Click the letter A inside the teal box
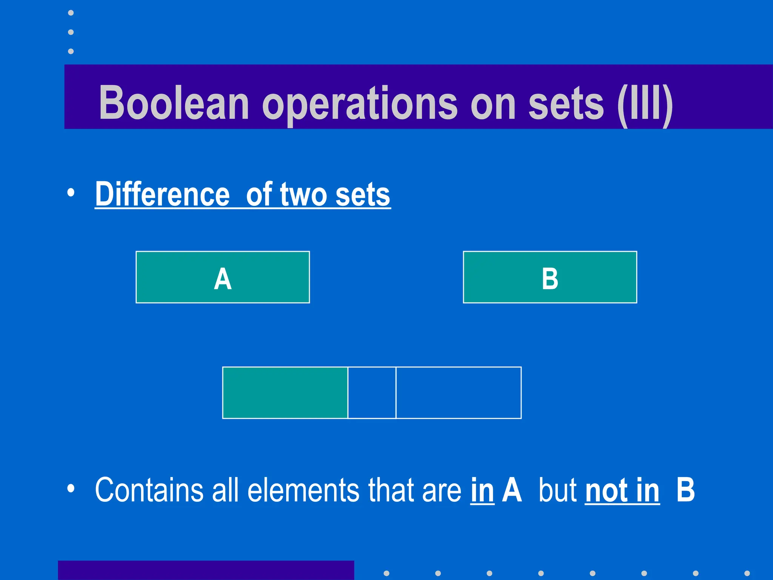(x=223, y=279)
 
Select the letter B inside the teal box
(x=550, y=279)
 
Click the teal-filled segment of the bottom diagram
(x=285, y=393)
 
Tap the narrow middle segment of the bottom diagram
(x=372, y=393)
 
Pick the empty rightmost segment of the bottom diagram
(x=459, y=393)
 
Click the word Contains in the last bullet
(x=149, y=490)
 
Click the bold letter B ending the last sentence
(x=685, y=490)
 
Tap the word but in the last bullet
(x=558, y=490)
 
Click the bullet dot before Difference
(x=71, y=193)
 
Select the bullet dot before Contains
(x=71, y=489)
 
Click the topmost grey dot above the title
(x=71, y=13)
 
